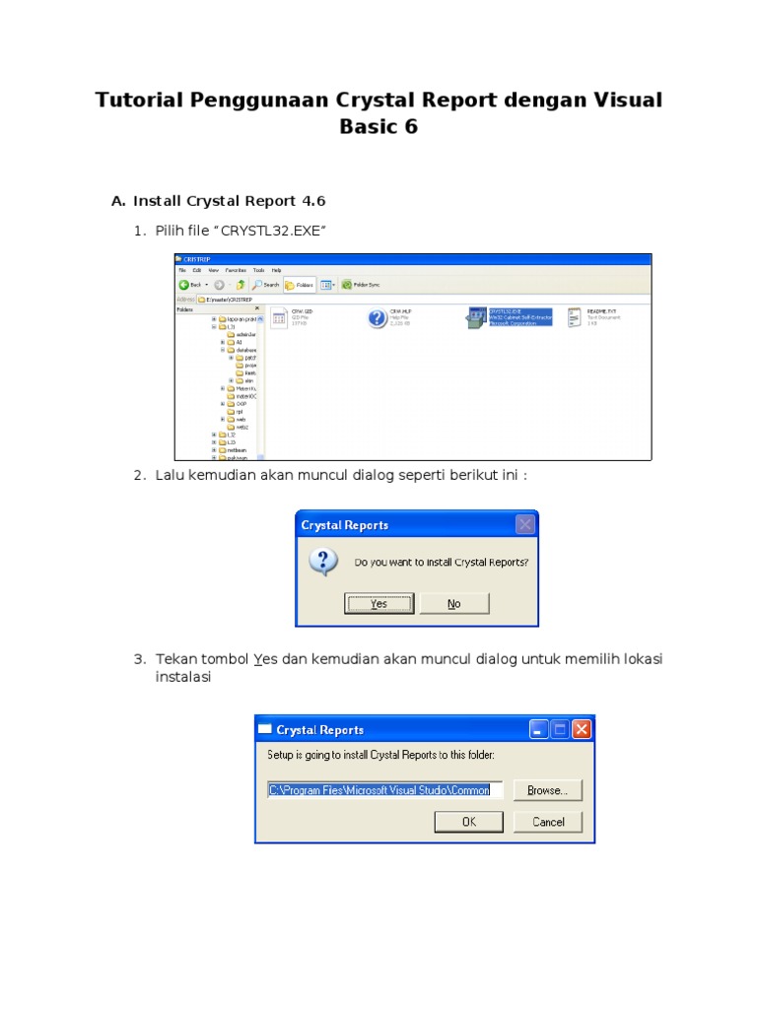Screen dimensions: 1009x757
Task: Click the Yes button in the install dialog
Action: (378, 603)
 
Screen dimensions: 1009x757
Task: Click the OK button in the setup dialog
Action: (468, 821)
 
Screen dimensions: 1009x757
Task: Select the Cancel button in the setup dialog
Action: (548, 821)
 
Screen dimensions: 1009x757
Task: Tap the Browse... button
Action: (546, 789)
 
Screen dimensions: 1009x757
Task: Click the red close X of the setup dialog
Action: (582, 729)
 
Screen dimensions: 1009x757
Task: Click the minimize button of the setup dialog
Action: (538, 729)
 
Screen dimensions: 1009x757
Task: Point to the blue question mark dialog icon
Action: (323, 563)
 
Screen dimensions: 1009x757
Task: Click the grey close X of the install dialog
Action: (525, 524)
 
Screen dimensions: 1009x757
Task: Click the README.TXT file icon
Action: (575, 317)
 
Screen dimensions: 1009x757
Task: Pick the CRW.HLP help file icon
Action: (377, 317)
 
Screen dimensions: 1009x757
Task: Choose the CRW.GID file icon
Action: (279, 317)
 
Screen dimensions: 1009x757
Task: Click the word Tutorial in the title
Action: (137, 101)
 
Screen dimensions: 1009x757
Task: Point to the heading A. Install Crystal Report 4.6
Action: (218, 201)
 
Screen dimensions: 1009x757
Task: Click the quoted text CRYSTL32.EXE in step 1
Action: (273, 231)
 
